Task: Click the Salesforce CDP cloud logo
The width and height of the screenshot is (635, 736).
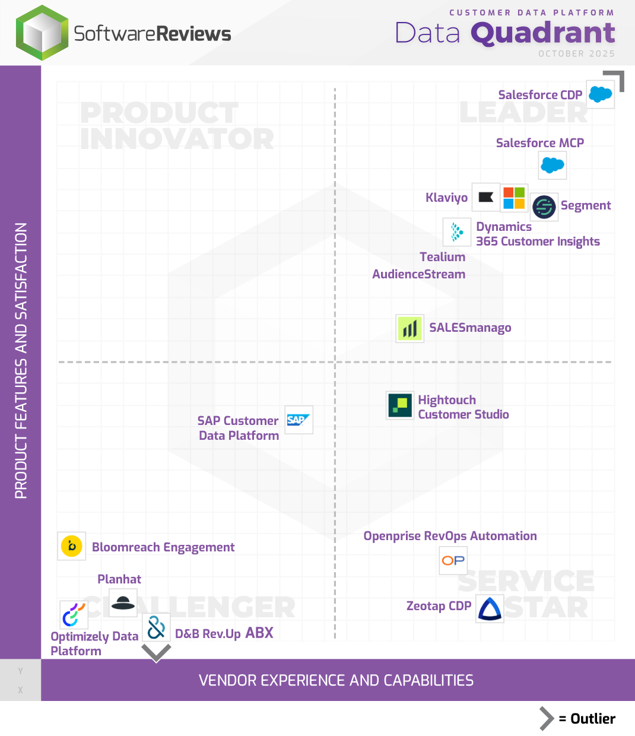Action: pyautogui.click(x=600, y=94)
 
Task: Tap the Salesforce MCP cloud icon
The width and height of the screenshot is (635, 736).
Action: pyautogui.click(x=553, y=165)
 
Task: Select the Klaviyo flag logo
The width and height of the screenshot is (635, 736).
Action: pyautogui.click(x=486, y=197)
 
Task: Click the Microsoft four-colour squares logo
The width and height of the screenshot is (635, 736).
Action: pyautogui.click(x=514, y=198)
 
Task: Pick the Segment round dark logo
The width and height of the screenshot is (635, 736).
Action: pyautogui.click(x=544, y=207)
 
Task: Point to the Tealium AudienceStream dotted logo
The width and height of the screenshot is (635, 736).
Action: pyautogui.click(x=457, y=232)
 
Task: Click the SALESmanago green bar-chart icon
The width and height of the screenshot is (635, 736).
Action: pyautogui.click(x=409, y=328)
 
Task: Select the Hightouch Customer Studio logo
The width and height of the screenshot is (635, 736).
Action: pyautogui.click(x=400, y=405)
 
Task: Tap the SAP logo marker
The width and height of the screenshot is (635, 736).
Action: pyautogui.click(x=299, y=420)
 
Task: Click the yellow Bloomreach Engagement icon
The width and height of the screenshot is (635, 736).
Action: pyautogui.click(x=72, y=546)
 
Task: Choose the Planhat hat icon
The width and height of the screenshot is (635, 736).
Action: pyautogui.click(x=123, y=603)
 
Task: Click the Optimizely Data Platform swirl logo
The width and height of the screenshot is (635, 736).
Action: pyautogui.click(x=74, y=615)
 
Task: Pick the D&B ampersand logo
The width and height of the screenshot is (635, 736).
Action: pyautogui.click(x=156, y=627)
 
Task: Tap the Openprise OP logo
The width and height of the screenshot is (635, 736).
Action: pyautogui.click(x=453, y=560)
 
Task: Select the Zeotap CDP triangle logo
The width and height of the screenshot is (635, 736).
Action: pyautogui.click(x=490, y=608)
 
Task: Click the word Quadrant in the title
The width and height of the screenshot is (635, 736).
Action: pyautogui.click(x=543, y=33)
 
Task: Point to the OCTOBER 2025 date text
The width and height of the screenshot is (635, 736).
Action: pyautogui.click(x=576, y=53)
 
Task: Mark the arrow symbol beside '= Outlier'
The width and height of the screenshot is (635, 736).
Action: pyautogui.click(x=546, y=718)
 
